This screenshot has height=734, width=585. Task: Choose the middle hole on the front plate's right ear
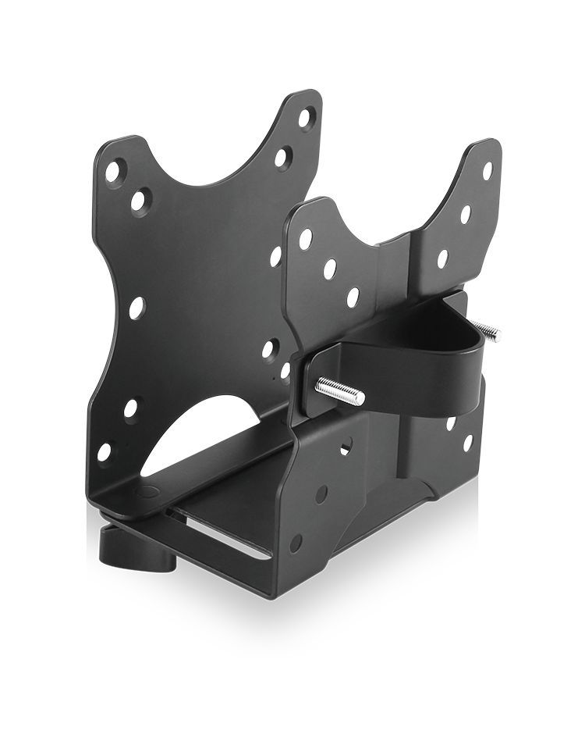(466, 214)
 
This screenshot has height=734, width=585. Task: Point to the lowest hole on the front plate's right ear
(443, 258)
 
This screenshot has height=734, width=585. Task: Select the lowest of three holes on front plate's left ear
(353, 297)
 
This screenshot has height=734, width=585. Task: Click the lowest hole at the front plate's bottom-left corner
(296, 543)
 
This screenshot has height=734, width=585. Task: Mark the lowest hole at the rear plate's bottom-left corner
(104, 452)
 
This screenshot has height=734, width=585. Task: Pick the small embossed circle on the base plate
(147, 494)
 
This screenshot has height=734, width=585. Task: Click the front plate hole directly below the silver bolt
(345, 447)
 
